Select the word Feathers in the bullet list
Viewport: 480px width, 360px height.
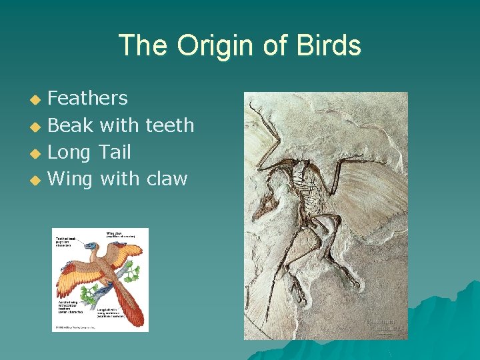tap(88, 99)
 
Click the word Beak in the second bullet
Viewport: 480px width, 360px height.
tap(71, 125)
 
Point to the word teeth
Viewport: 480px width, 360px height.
tap(169, 125)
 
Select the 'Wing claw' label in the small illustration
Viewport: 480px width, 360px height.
tap(119, 234)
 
